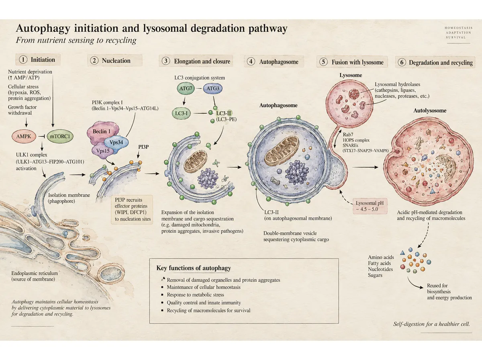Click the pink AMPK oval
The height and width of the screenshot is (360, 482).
coord(24,136)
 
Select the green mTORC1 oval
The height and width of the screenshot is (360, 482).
coord(60,136)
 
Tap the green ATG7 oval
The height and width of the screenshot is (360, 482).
coord(186,88)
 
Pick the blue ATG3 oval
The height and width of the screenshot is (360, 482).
coord(212,88)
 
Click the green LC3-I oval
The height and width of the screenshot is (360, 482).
coord(181,113)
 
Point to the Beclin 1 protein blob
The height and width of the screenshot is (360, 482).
coord(102,132)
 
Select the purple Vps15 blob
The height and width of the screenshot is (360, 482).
coord(103,151)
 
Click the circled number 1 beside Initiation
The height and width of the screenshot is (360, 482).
coord(23,60)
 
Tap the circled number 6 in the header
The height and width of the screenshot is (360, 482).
coord(402,62)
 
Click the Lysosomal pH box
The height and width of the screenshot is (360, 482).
coord(370,206)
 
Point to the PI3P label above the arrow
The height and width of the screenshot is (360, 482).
coord(143,147)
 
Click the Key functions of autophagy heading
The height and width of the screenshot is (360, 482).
coord(194,268)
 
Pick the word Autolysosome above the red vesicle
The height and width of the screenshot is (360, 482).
coord(430,110)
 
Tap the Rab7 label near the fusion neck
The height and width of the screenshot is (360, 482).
coord(348,135)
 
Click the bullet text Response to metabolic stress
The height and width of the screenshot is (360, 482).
coord(196,295)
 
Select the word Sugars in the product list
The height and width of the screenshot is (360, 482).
coord(375,275)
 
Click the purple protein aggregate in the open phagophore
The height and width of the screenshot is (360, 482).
coord(208,178)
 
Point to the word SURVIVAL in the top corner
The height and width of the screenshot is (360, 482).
coord(455,37)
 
